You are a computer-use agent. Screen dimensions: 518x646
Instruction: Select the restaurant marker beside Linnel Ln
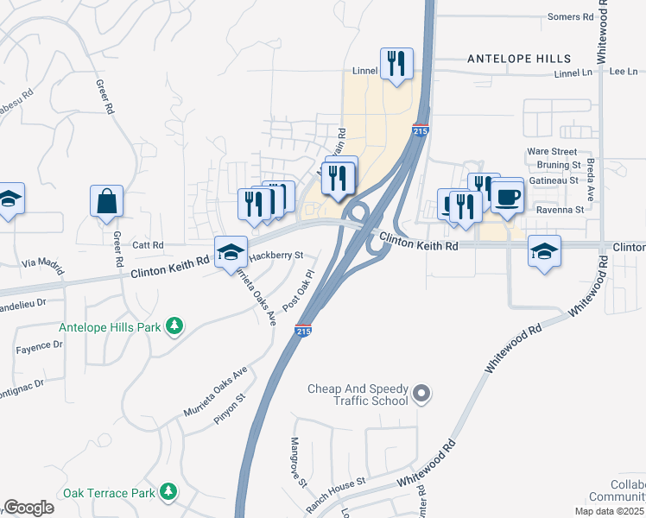396,63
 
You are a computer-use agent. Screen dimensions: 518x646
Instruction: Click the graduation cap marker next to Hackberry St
231,251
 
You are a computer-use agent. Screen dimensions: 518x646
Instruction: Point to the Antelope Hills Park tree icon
175,325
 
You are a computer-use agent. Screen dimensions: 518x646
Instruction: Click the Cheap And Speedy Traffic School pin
421,395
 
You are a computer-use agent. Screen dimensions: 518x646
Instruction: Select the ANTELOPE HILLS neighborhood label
519,59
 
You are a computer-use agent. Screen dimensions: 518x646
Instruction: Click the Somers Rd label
572,16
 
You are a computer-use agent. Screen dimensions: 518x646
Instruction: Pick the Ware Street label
551,152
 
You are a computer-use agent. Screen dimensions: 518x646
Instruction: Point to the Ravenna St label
560,210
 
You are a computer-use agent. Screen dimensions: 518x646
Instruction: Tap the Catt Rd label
148,245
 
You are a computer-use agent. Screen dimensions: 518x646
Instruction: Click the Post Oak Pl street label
296,291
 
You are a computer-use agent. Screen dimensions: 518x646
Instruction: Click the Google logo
28,508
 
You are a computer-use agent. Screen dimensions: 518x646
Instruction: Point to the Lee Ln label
622,73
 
